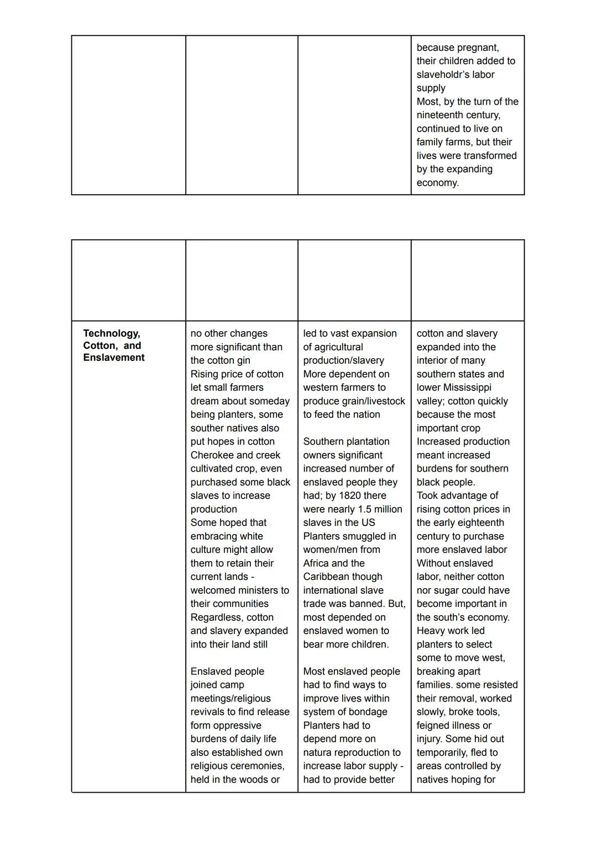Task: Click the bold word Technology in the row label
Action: [x=111, y=333]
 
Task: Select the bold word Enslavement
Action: [x=113, y=358]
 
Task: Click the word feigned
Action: [x=434, y=725]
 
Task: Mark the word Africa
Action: [x=317, y=563]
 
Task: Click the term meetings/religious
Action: [x=231, y=698]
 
